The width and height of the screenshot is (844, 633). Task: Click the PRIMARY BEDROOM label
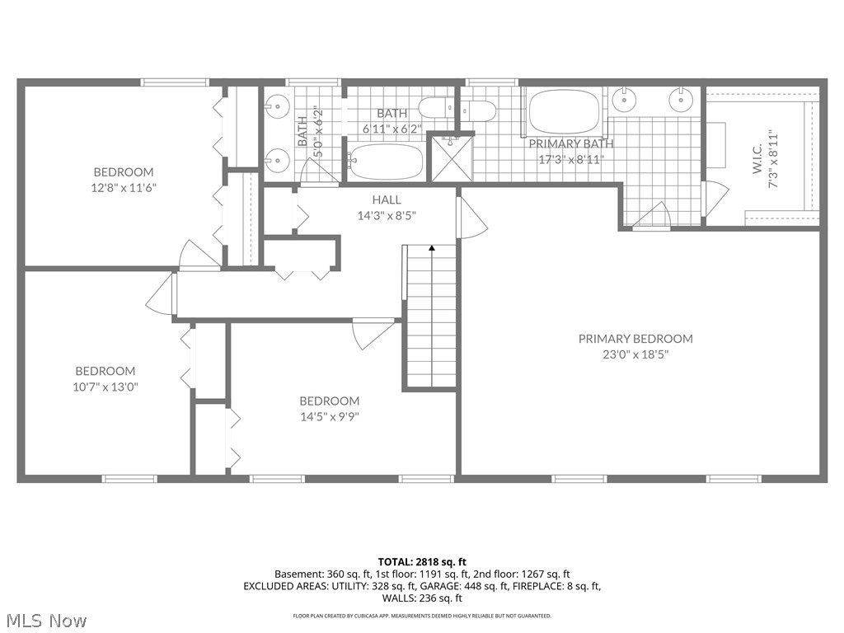click(x=635, y=339)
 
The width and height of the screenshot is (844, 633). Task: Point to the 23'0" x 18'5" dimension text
click(x=635, y=354)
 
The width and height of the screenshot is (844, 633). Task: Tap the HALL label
click(x=387, y=200)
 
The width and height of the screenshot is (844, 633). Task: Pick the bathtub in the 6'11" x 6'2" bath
click(x=386, y=162)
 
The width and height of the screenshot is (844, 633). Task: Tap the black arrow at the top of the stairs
click(x=431, y=246)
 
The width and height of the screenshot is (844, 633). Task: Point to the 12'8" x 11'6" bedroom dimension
click(x=124, y=188)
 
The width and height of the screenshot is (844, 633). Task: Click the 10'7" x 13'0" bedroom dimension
click(x=105, y=387)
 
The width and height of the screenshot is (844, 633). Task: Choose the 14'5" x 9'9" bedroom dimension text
click(x=329, y=416)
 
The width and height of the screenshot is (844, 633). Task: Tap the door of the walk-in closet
click(x=715, y=199)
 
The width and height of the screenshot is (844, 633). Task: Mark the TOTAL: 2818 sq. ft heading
click(x=422, y=562)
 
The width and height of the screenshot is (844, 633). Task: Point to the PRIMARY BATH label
click(x=571, y=143)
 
